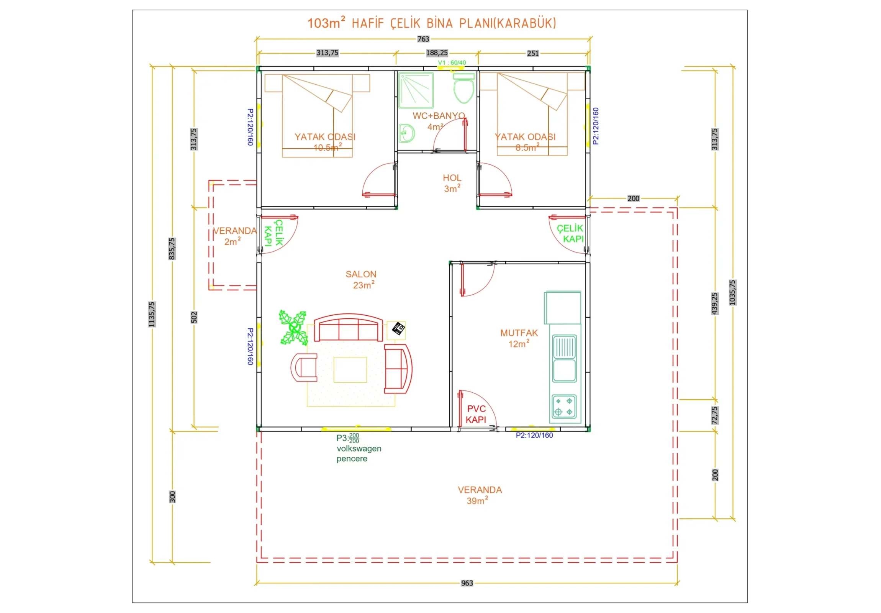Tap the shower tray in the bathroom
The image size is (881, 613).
[416, 90]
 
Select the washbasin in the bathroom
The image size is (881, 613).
[406, 133]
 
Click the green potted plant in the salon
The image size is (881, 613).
[293, 328]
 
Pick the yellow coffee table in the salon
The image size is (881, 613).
[350, 370]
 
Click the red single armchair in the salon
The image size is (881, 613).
[304, 367]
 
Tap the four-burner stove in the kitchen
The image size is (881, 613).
[564, 406]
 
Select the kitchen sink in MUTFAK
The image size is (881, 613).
[564, 359]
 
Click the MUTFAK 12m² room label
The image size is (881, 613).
[519, 338]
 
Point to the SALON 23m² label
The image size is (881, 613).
[362, 279]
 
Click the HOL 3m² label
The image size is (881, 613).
[452, 183]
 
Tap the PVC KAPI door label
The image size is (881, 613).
[476, 414]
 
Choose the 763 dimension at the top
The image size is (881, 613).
[423, 39]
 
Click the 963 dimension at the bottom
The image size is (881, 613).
[467, 583]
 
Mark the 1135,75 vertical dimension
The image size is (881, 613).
[152, 315]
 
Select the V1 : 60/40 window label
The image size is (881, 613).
[452, 62]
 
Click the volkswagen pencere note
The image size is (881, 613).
[359, 453]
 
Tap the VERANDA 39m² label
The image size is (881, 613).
[480, 495]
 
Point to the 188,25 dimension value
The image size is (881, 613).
[437, 52]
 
